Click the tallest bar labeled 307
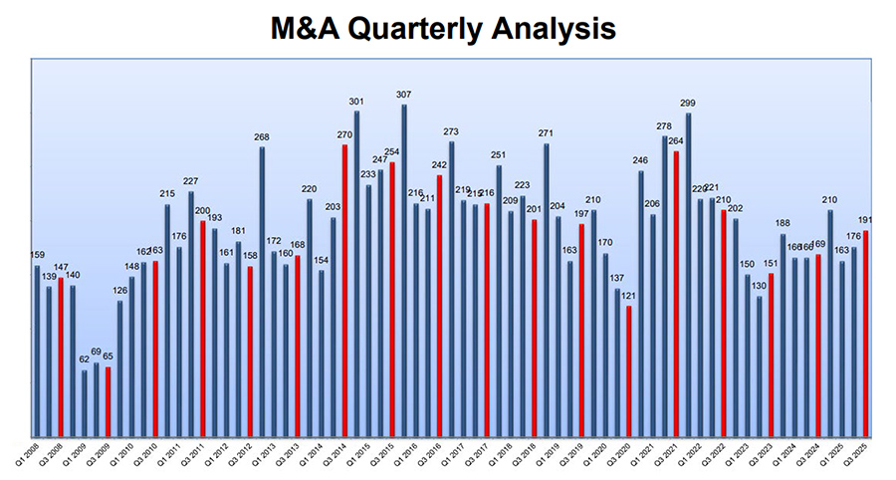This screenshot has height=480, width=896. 403,269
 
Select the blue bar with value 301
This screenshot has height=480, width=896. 355,274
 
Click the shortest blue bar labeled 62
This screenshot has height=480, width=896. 84,403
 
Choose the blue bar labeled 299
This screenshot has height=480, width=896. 688,275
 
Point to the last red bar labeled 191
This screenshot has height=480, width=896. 866,334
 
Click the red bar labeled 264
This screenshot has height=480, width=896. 676,294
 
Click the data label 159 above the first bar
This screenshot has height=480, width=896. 37,256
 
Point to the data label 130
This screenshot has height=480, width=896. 760,286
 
